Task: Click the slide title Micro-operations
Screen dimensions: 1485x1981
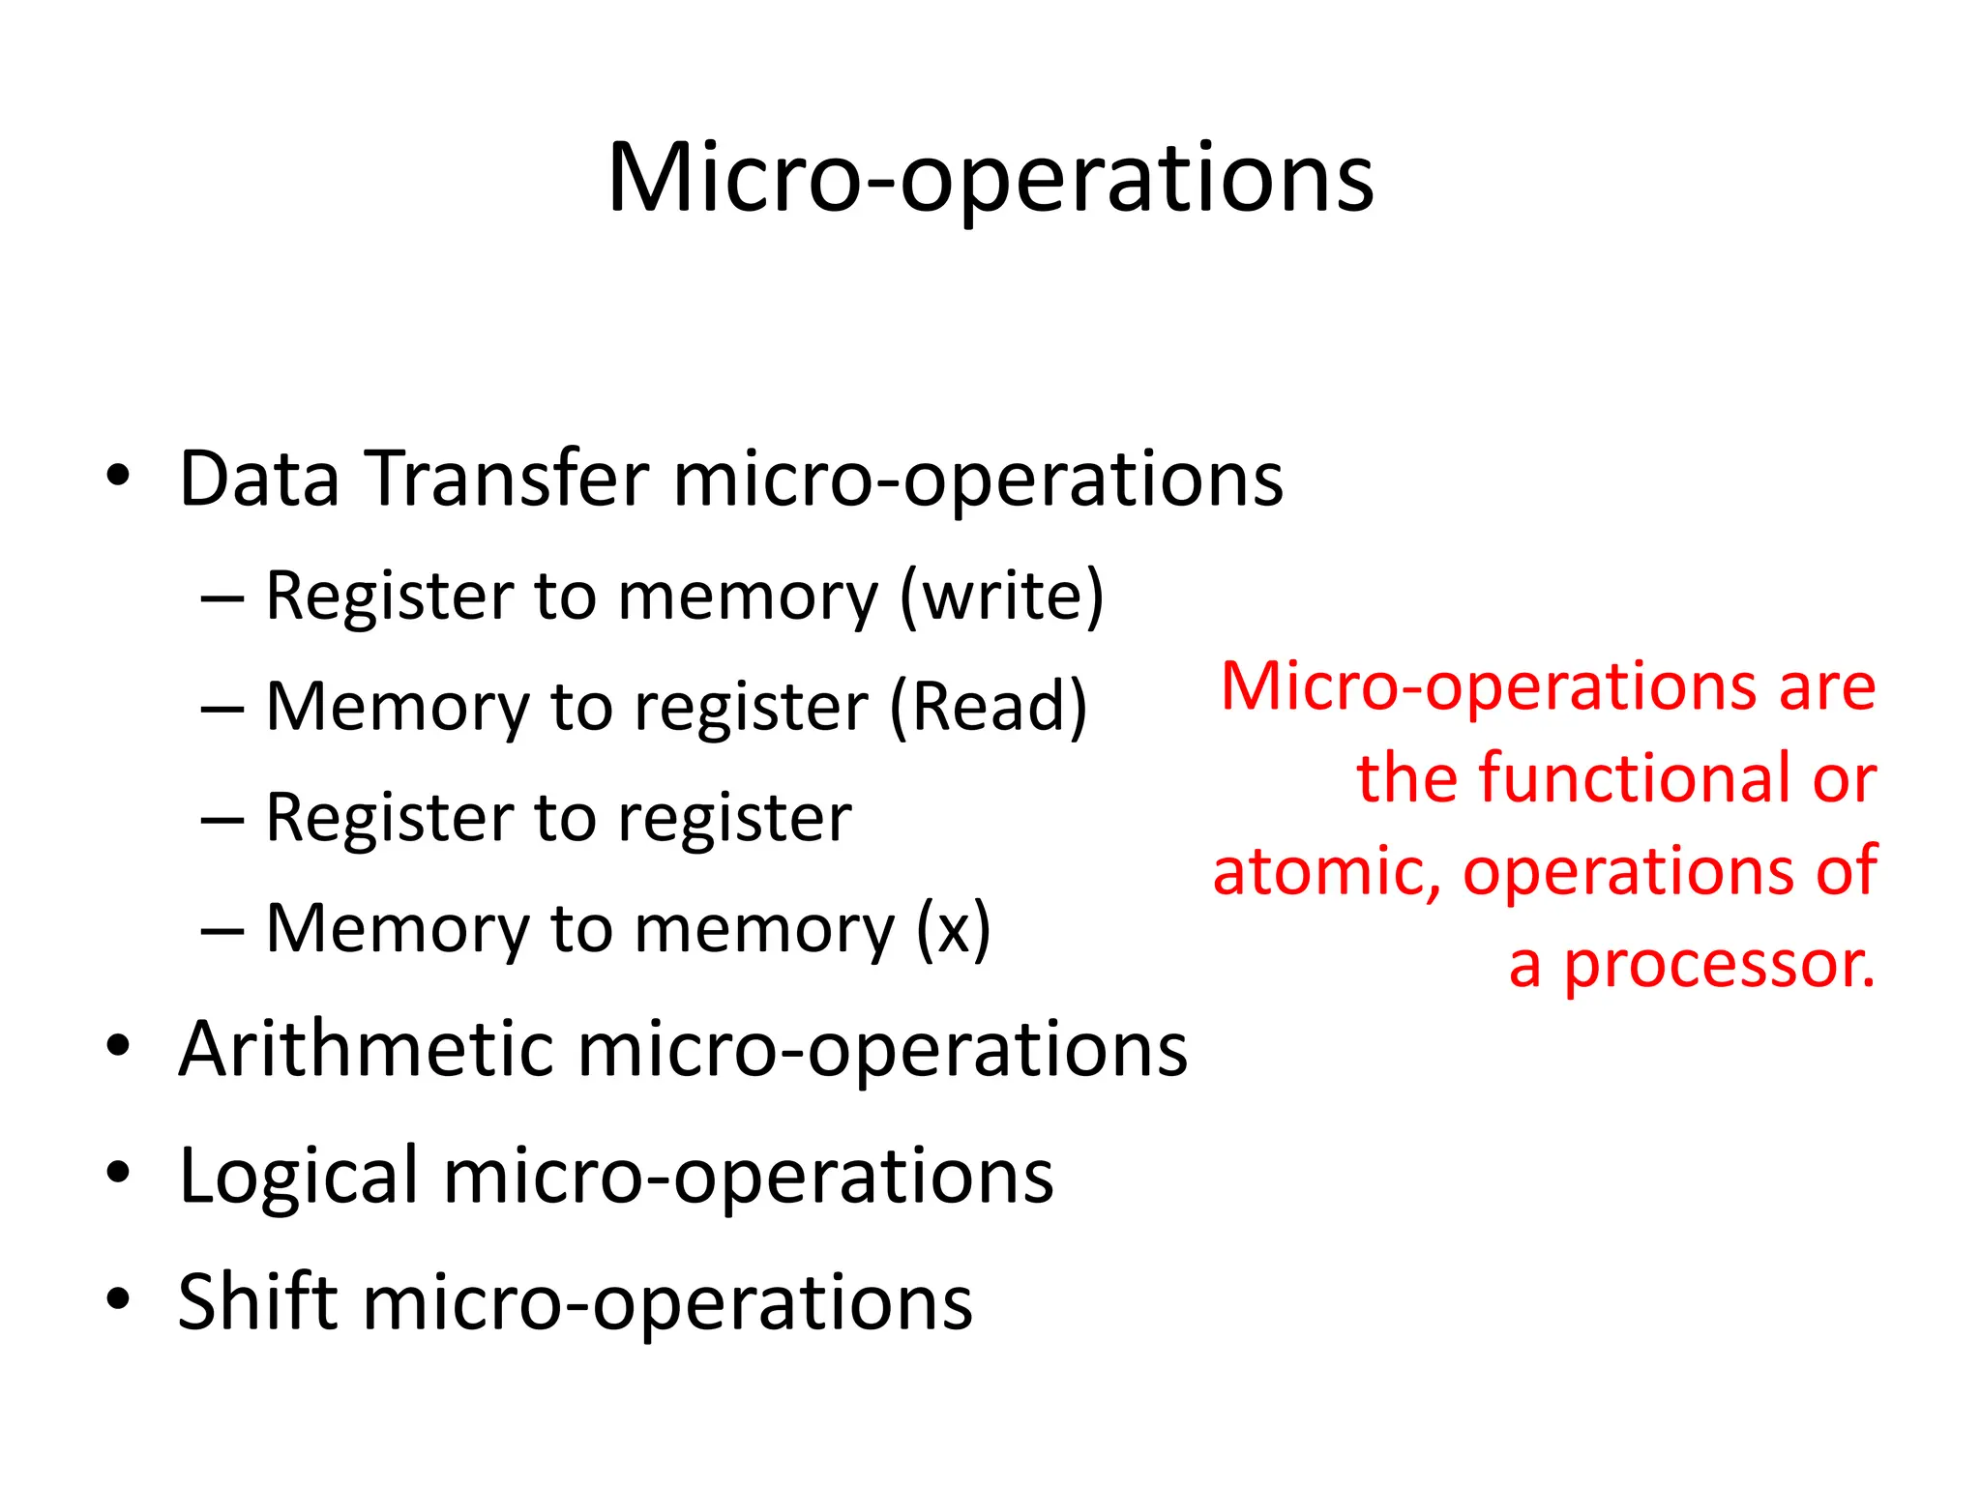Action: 990,179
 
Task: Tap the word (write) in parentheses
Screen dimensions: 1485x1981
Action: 1001,597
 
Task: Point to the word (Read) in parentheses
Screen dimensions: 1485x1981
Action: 988,708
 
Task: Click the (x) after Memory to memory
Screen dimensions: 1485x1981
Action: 953,929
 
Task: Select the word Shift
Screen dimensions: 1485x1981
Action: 257,1301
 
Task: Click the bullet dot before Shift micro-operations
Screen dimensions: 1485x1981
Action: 118,1300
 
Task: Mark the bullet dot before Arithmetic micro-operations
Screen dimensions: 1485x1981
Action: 118,1047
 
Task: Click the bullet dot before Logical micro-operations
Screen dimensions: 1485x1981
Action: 118,1174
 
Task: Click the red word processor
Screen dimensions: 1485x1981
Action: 1719,966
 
